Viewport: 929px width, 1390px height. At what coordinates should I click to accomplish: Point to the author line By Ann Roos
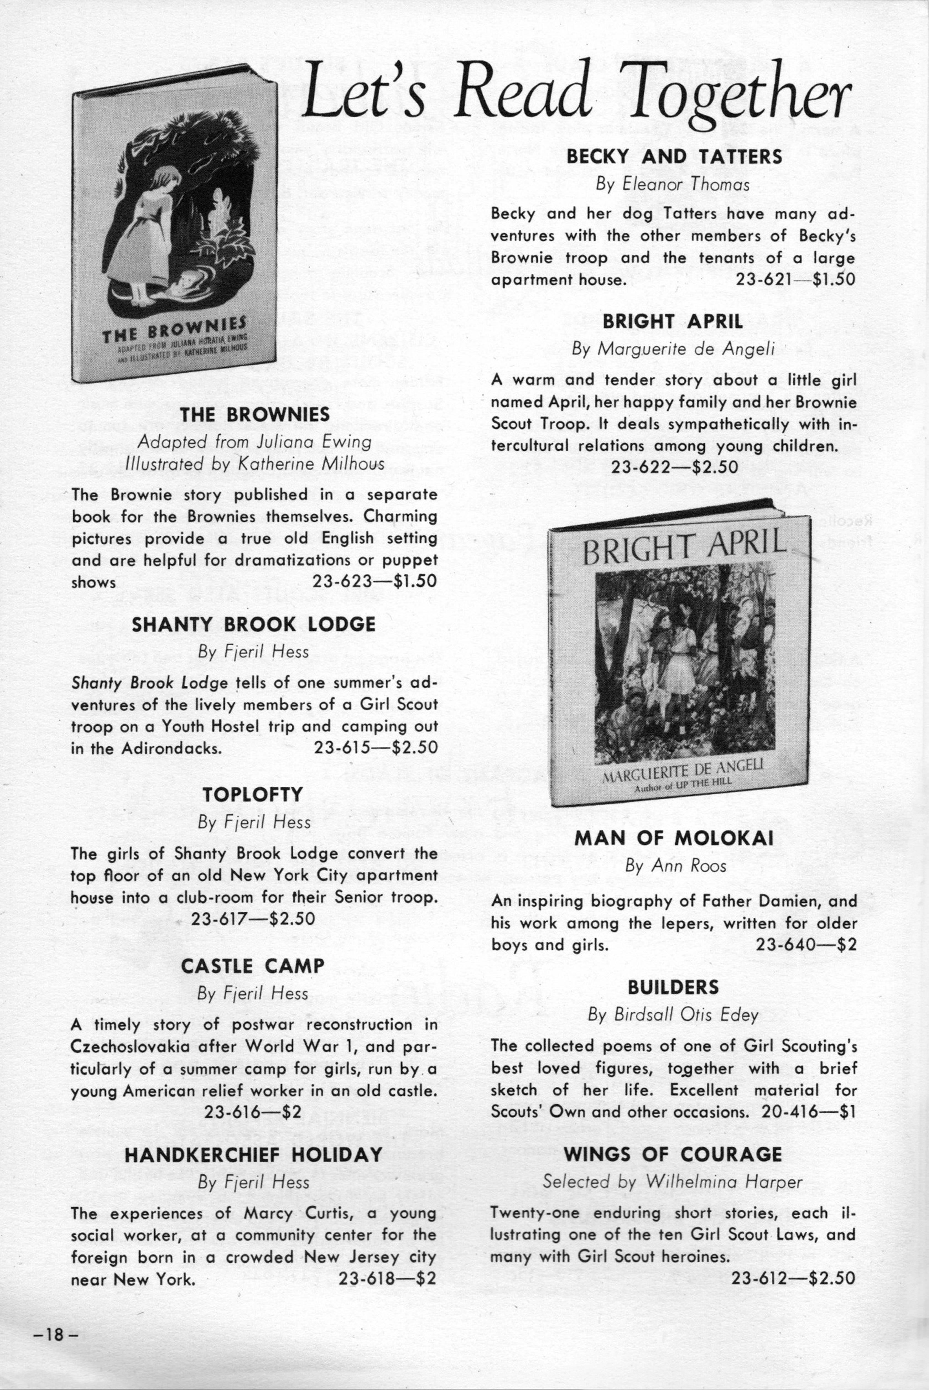[x=675, y=866]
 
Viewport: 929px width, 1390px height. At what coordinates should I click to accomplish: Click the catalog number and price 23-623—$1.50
[x=374, y=581]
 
